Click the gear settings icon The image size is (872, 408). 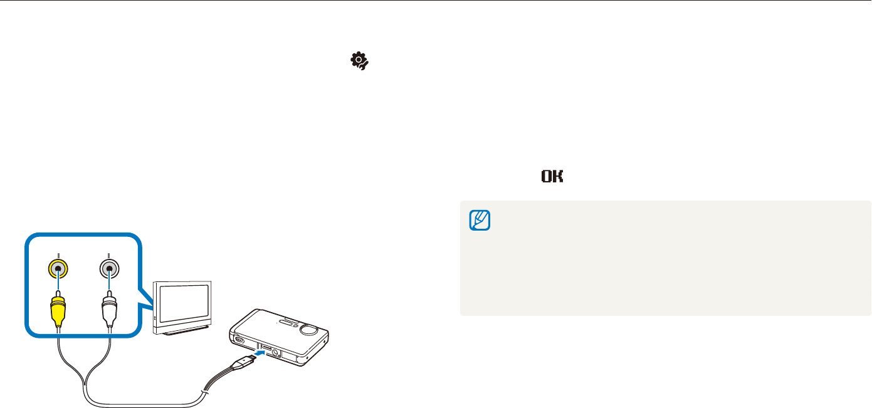[359, 60]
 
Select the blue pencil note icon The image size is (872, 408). [480, 220]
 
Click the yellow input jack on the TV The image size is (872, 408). [58, 268]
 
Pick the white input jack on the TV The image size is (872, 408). [109, 268]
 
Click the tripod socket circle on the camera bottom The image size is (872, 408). [275, 354]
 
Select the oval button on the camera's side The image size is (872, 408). [238, 340]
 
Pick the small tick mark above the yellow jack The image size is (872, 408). [58, 254]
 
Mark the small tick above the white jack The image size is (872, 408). [109, 254]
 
